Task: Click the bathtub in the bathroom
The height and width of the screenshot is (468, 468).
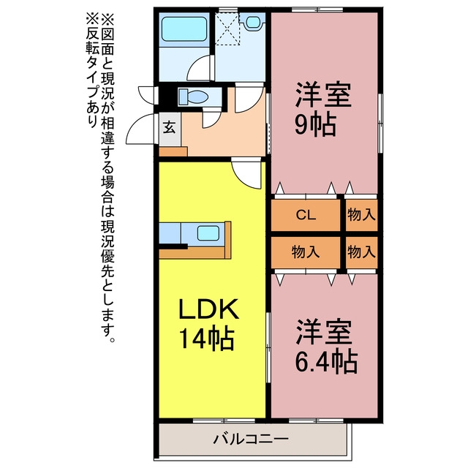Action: click(184, 29)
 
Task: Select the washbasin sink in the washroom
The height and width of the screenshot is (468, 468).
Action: click(252, 22)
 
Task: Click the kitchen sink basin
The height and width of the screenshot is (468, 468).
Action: click(208, 233)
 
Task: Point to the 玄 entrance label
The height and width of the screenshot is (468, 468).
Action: click(169, 128)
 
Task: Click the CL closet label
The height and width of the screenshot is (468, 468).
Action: click(306, 215)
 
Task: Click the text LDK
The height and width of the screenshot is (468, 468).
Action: click(209, 309)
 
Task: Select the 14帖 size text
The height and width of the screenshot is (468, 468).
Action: click(206, 339)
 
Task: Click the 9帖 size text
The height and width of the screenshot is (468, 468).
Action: click(316, 125)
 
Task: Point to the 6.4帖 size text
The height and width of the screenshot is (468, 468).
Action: click(326, 363)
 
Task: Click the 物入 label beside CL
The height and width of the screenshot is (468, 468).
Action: click(361, 214)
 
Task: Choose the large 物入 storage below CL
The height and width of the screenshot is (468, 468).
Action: click(306, 252)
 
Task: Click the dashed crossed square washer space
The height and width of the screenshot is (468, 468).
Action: click(227, 29)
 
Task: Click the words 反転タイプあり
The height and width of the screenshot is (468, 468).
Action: click(92, 71)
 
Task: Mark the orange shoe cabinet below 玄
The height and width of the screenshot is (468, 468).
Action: click(173, 151)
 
